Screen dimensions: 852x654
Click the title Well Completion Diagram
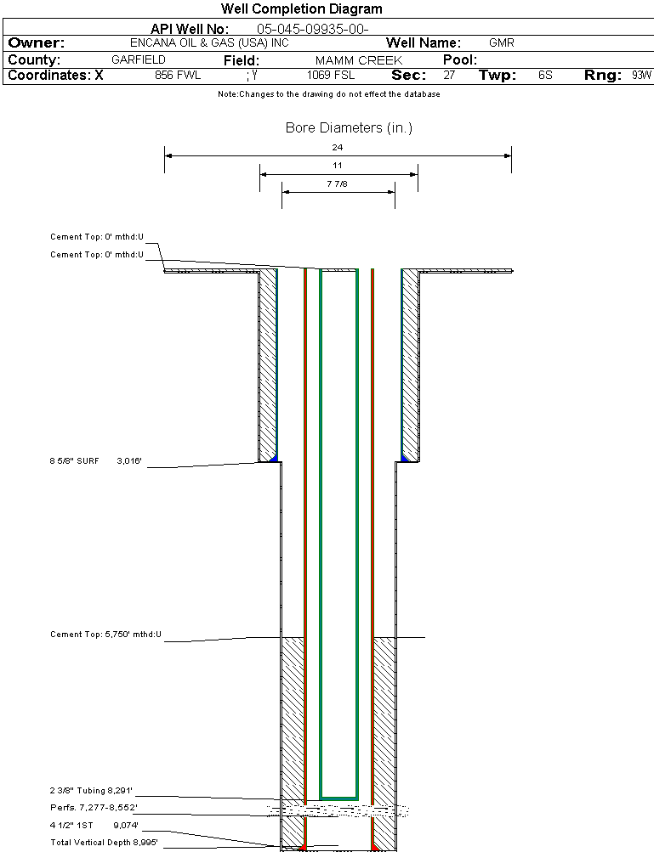302,9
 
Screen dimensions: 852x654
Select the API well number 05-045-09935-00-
312,29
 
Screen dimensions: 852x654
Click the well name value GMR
501,42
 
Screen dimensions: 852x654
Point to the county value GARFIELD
139,60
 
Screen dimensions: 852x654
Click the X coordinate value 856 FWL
178,76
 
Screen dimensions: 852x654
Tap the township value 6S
545,76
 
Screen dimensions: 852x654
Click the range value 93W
641,76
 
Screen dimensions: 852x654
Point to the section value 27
449,76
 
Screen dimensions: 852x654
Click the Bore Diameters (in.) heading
349,128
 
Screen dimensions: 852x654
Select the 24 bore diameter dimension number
338,147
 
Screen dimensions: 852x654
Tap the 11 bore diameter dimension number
338,165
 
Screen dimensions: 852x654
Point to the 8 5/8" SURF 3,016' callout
100,460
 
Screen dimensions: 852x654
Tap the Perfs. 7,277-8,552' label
94,807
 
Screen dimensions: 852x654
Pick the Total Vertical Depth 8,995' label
104,842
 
